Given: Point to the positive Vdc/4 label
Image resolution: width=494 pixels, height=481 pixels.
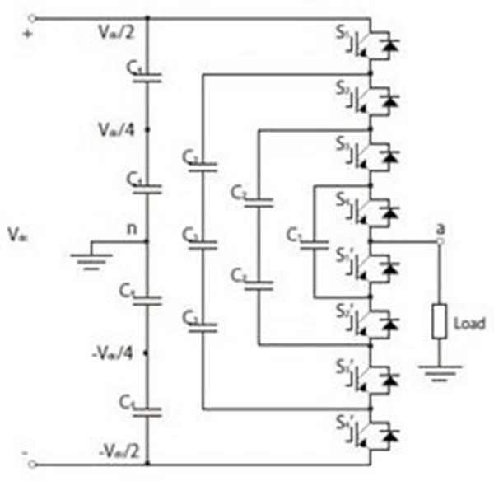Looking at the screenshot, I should (112, 129).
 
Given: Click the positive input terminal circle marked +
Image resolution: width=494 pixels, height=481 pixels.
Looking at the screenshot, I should (32, 18).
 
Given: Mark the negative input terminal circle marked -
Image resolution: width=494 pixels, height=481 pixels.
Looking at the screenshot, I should (32, 465).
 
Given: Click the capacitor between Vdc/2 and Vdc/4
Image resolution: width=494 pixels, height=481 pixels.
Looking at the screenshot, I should (148, 78).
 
